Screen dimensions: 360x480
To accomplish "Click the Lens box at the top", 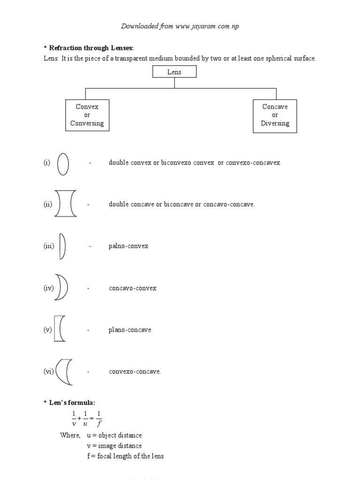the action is (x=174, y=72).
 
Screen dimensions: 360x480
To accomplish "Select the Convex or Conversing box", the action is (x=87, y=115).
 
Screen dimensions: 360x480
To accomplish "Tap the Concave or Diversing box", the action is (x=275, y=115).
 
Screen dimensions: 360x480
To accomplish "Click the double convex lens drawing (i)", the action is (x=63, y=163).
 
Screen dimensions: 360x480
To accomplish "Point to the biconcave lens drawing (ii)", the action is (x=65, y=204).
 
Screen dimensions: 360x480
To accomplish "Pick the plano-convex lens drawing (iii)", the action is (x=62, y=246).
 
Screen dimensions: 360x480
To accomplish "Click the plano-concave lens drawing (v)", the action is (x=59, y=329).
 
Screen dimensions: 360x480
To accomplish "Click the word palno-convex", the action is (x=128, y=246).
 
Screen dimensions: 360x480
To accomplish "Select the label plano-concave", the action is (x=130, y=330).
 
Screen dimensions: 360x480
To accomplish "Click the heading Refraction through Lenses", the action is (x=87, y=48).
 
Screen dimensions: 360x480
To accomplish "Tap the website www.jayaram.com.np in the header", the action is (x=207, y=26).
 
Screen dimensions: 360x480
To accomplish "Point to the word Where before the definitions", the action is (x=70, y=435).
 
